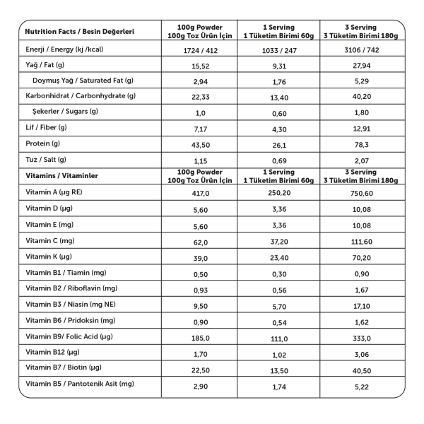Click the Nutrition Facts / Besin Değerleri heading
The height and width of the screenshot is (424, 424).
coord(79,33)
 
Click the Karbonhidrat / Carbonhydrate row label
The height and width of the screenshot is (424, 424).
coord(81,96)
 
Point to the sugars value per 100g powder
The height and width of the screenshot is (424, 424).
coord(200,112)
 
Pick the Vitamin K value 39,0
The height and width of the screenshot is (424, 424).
coord(200,257)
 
